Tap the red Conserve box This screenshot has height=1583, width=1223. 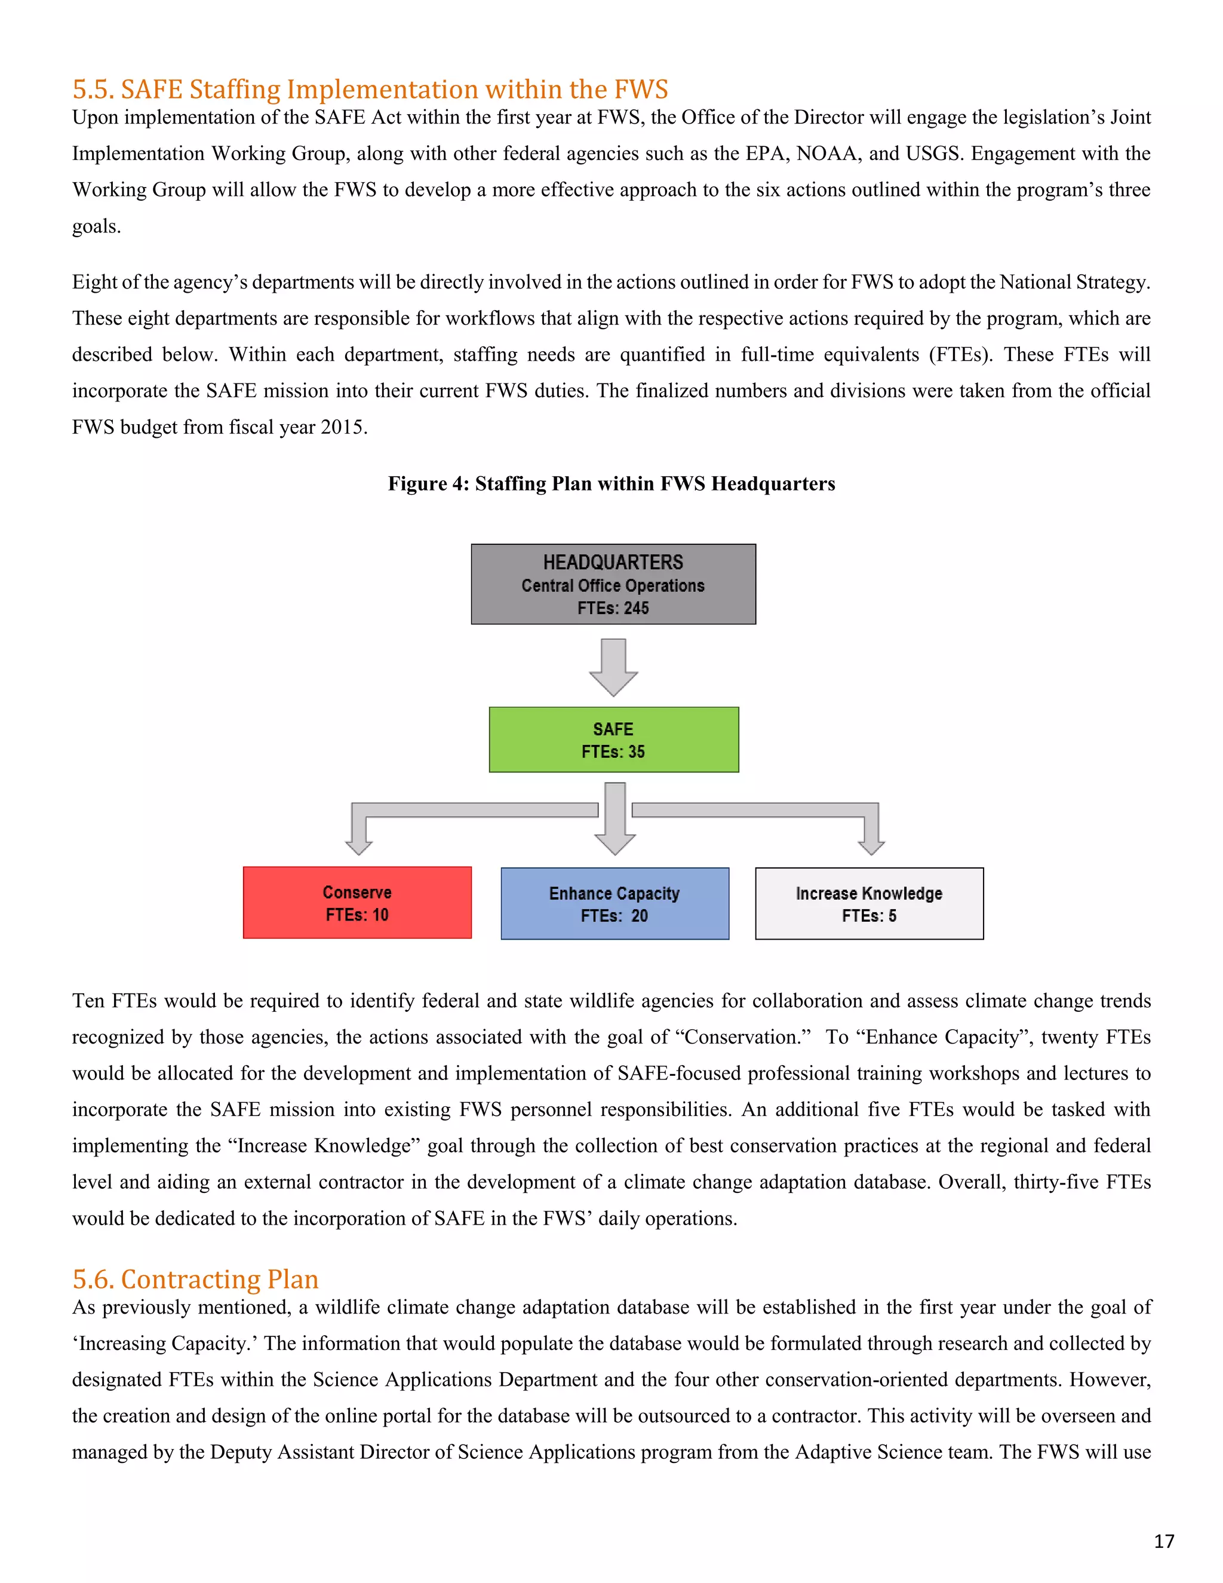357,903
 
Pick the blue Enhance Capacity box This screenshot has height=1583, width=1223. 614,903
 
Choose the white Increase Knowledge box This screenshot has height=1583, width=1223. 869,903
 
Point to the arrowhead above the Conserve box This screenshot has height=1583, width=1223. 359,845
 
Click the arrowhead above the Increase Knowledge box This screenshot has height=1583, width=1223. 871,845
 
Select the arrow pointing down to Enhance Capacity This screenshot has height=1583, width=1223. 615,819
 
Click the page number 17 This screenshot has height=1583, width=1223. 1164,1541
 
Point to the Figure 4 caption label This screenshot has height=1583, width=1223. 428,483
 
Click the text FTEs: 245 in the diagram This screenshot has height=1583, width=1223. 613,608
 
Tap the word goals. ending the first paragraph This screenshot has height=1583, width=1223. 96,226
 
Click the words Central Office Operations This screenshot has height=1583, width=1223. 613,585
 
